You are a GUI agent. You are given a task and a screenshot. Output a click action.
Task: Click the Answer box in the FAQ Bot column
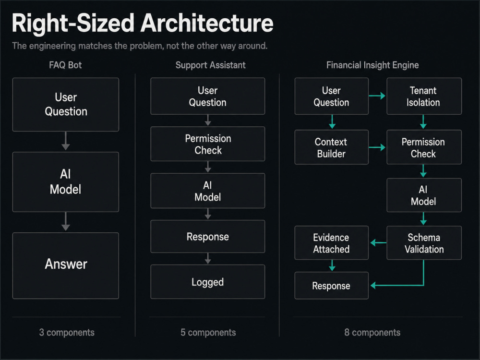(65, 265)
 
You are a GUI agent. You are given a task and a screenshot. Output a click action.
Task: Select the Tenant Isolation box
(424, 96)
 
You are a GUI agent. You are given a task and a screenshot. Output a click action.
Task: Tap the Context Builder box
(332, 147)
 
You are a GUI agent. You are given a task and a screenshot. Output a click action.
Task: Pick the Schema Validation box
(424, 243)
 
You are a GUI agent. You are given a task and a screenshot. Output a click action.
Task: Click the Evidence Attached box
(332, 243)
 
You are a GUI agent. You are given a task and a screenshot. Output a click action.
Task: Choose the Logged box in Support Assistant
(207, 282)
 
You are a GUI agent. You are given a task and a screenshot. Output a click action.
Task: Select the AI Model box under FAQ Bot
(65, 182)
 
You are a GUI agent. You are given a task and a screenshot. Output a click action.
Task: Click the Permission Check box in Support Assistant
(207, 144)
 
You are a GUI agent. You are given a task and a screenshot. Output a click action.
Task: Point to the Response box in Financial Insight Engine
(332, 286)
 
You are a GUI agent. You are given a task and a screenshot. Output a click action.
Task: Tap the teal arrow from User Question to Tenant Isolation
(377, 96)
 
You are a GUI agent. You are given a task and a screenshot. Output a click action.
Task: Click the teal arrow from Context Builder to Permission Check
(377, 147)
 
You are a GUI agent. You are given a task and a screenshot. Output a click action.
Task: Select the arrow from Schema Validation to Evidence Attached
(378, 243)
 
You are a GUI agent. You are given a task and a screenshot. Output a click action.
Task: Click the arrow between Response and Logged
(208, 258)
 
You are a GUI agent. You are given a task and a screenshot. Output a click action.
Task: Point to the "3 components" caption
(67, 333)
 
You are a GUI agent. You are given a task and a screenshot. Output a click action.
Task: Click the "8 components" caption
(372, 333)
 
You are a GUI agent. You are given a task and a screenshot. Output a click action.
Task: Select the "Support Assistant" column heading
(210, 65)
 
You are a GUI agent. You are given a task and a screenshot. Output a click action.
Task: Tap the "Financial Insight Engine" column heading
(372, 65)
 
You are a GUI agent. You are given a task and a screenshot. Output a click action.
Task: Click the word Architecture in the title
(207, 23)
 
